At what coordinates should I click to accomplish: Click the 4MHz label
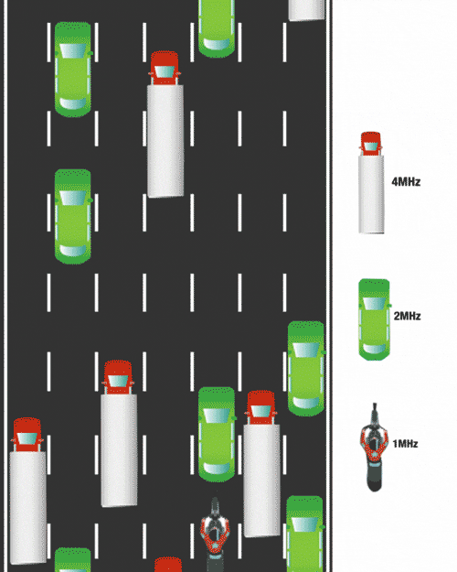[406, 182]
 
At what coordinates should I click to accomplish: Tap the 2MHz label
[407, 316]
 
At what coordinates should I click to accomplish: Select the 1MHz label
[405, 444]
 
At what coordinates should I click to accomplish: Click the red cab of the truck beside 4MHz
[371, 144]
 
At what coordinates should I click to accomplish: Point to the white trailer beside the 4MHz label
[371, 194]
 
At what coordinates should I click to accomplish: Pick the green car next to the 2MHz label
[374, 319]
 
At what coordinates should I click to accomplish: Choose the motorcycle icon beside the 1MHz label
[374, 448]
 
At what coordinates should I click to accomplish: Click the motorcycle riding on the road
[215, 534]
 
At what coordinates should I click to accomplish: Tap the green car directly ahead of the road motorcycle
[217, 434]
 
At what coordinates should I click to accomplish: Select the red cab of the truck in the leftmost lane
[27, 435]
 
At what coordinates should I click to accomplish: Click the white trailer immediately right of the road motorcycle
[261, 480]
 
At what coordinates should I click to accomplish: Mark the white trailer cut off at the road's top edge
[307, 10]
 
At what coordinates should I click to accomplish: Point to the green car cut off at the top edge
[217, 28]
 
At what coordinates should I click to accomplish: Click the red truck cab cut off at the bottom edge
[168, 565]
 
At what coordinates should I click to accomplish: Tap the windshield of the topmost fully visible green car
[73, 51]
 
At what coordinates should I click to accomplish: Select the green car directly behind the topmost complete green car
[73, 216]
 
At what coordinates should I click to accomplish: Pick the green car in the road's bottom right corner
[305, 534]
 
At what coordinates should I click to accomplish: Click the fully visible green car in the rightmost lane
[306, 369]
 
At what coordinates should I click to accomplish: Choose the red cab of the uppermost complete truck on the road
[165, 69]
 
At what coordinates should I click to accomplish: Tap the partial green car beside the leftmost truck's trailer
[73, 559]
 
